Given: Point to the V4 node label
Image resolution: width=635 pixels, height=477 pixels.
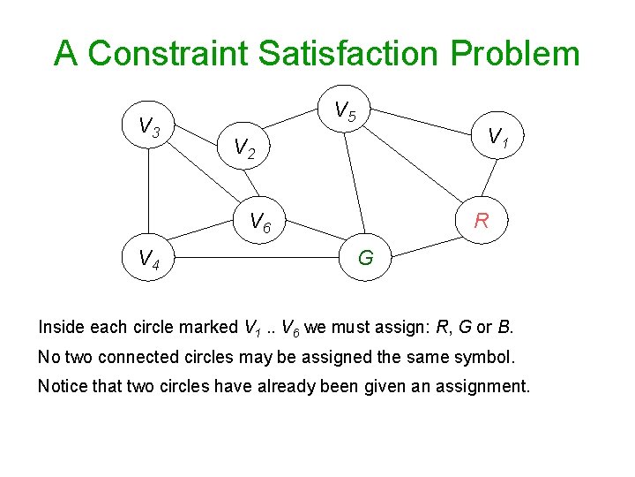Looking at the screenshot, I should (x=148, y=259).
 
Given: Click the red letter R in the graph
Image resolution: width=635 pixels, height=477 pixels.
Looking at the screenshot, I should (x=482, y=221).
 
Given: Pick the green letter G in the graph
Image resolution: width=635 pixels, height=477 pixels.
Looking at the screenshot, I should (x=365, y=259).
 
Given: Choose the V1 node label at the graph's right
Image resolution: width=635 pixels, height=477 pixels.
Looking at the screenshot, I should (x=497, y=136).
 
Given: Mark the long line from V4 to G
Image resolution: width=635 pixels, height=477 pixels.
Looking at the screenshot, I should (x=256, y=258).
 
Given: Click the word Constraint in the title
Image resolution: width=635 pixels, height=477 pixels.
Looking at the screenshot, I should (x=168, y=53).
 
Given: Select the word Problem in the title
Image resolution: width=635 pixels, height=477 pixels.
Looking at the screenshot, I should (x=514, y=53).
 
